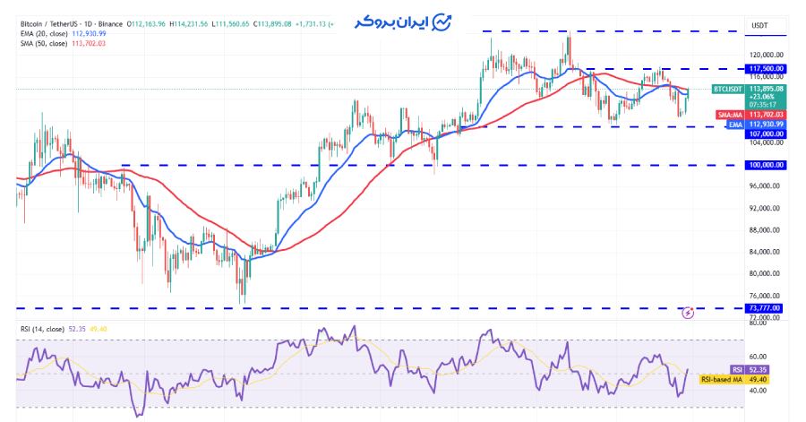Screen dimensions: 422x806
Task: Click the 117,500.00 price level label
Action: (764, 68)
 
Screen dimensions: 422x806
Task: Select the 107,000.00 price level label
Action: (764, 133)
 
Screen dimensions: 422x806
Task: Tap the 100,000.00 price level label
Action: (764, 165)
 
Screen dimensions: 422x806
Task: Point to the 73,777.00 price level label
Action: (764, 308)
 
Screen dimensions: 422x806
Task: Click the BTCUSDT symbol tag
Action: (726, 90)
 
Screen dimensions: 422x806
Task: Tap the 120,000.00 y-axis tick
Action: (764, 55)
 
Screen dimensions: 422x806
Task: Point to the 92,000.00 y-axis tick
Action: (764, 208)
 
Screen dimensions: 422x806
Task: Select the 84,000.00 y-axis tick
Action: (764, 252)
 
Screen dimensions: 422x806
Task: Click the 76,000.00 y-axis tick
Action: (764, 296)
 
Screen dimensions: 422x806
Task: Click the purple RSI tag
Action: (737, 369)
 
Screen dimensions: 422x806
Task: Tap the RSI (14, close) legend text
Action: (43, 329)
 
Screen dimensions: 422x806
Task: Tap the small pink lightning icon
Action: (688, 313)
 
